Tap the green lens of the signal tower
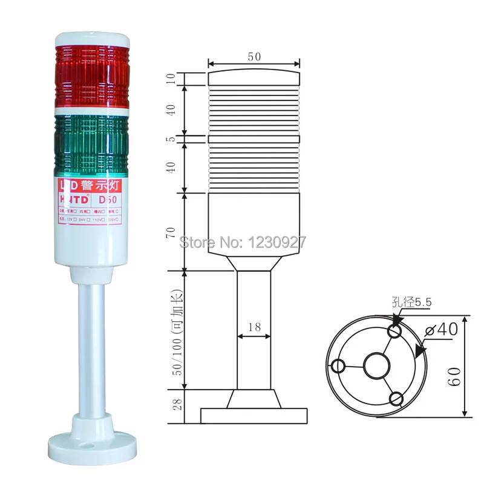pos(92,144)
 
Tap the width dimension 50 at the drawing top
pos(254,56)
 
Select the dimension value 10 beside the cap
pos(172,79)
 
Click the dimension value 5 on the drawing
pos(172,139)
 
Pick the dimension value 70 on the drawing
pos(172,232)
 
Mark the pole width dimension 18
pos(254,327)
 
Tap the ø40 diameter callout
pos(443,329)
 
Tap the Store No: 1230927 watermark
pos(244,243)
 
